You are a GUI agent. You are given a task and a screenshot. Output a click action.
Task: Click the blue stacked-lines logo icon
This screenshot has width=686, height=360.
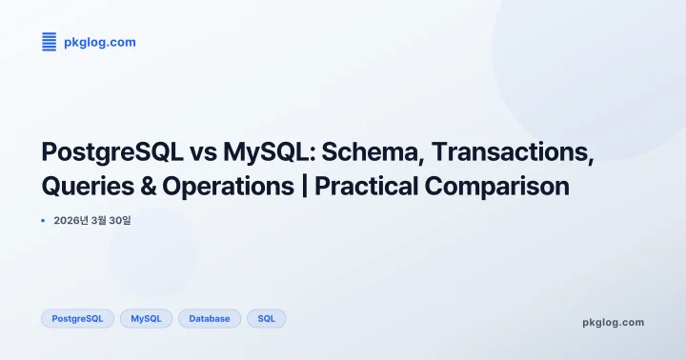pos(50,41)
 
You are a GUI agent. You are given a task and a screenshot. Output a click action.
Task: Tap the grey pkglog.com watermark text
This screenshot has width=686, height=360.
pos(613,322)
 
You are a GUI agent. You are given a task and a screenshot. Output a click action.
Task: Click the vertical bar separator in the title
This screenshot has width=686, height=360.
pos(304,187)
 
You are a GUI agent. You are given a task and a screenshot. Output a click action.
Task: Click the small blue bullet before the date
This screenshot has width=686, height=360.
pos(43,220)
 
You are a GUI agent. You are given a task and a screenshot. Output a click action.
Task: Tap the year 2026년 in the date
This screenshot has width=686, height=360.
pos(71,221)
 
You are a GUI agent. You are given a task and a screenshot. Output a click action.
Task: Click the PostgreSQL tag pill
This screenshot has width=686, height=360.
pos(77,318)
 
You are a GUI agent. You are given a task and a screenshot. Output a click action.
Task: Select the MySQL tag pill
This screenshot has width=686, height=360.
pos(146,318)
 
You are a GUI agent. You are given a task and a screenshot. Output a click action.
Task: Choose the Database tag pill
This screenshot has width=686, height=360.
pos(209,318)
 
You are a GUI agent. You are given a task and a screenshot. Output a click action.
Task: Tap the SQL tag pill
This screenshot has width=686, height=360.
pos(266,318)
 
